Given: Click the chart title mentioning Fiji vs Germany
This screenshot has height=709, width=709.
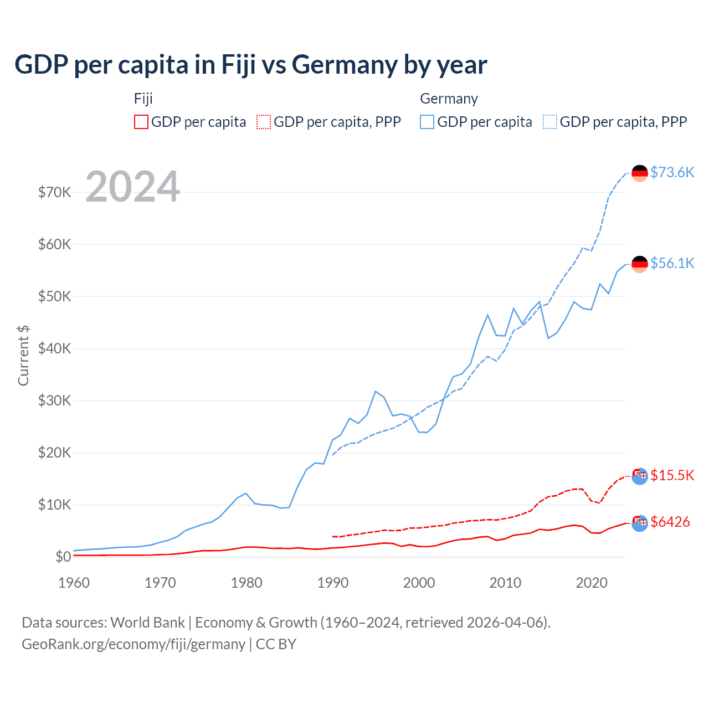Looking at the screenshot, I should pos(250,65).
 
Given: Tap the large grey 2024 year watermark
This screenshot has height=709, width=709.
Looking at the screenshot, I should pos(132,187).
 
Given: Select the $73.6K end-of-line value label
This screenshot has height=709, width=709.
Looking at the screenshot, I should pos(672,172).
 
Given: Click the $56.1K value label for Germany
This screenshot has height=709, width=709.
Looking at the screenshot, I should pos(672,263).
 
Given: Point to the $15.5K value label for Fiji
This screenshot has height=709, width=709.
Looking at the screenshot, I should pos(672,475).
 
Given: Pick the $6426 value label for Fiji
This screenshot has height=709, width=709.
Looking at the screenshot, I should pos(670,522).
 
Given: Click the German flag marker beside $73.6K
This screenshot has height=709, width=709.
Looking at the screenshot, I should pos(640,173).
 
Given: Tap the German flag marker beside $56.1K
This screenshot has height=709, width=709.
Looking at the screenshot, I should pos(640,264).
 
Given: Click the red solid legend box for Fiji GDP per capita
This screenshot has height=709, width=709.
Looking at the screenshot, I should pos(141,122).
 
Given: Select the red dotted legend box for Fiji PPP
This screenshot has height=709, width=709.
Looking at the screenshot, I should pos(264,122).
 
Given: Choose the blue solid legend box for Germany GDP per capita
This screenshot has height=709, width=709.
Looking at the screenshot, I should pos(427,122).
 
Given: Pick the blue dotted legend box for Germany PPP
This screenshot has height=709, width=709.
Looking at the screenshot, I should pos(550,122).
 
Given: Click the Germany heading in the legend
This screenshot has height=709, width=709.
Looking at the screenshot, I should pos(449,99).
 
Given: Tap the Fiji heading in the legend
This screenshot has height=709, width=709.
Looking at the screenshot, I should pos(143,99).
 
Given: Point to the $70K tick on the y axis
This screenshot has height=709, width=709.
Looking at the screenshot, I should pos(54,192).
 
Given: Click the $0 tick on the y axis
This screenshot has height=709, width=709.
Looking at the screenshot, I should pos(63,557).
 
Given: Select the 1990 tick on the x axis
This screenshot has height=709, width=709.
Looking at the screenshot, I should pos(333,583).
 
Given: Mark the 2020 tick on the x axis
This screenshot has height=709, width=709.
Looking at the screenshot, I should pos(592,583).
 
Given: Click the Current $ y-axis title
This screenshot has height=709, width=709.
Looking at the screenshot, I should pos(23,356).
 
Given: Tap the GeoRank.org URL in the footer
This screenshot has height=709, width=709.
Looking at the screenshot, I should pos(133,644).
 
